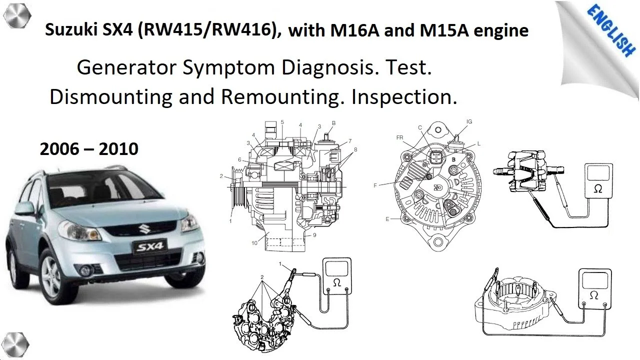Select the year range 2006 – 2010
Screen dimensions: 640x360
[89, 149]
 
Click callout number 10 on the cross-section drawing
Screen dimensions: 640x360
[254, 243]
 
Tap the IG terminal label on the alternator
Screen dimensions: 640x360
[469, 121]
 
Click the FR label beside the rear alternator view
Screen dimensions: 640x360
[399, 137]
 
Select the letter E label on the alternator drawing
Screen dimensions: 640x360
[387, 219]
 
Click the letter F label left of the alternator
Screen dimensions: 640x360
[375, 185]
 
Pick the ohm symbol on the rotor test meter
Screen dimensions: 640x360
[597, 189]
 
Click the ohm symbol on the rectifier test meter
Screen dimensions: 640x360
[337, 283]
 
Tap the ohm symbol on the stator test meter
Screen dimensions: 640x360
[593, 295]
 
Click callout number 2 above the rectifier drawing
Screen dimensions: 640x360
[262, 277]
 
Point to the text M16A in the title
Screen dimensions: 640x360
[355, 30]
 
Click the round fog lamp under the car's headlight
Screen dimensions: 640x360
[84, 270]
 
